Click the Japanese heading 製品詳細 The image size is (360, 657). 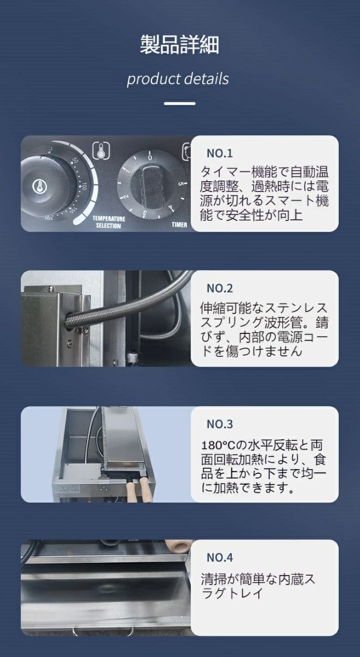tap(179, 45)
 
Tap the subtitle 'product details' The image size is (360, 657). tap(178, 79)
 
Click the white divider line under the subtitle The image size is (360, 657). tap(179, 103)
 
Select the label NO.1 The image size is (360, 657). tap(219, 153)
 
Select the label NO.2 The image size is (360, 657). tap(219, 288)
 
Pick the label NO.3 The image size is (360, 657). tap(219, 423)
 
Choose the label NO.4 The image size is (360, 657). tap(219, 557)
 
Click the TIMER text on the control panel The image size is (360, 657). tap(179, 224)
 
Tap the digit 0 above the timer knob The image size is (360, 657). tap(151, 157)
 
